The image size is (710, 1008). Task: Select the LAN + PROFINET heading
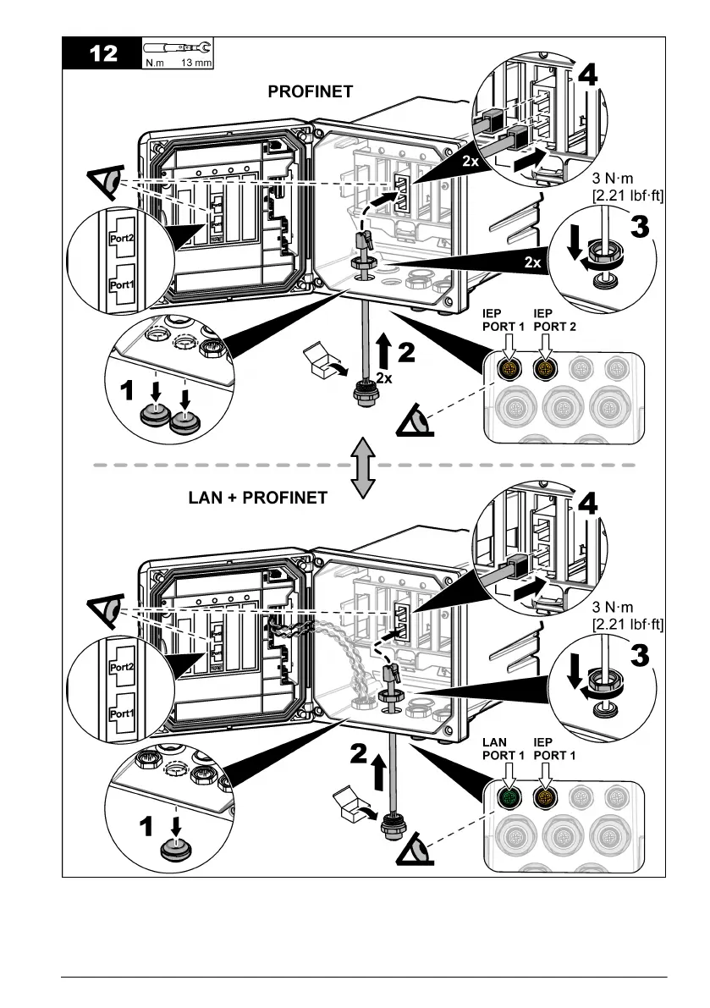257,498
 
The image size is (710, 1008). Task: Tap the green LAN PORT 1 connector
510,796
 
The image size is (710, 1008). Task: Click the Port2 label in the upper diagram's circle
122,239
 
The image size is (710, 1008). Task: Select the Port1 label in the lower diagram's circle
122,713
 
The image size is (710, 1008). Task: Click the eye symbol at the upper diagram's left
103,182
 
